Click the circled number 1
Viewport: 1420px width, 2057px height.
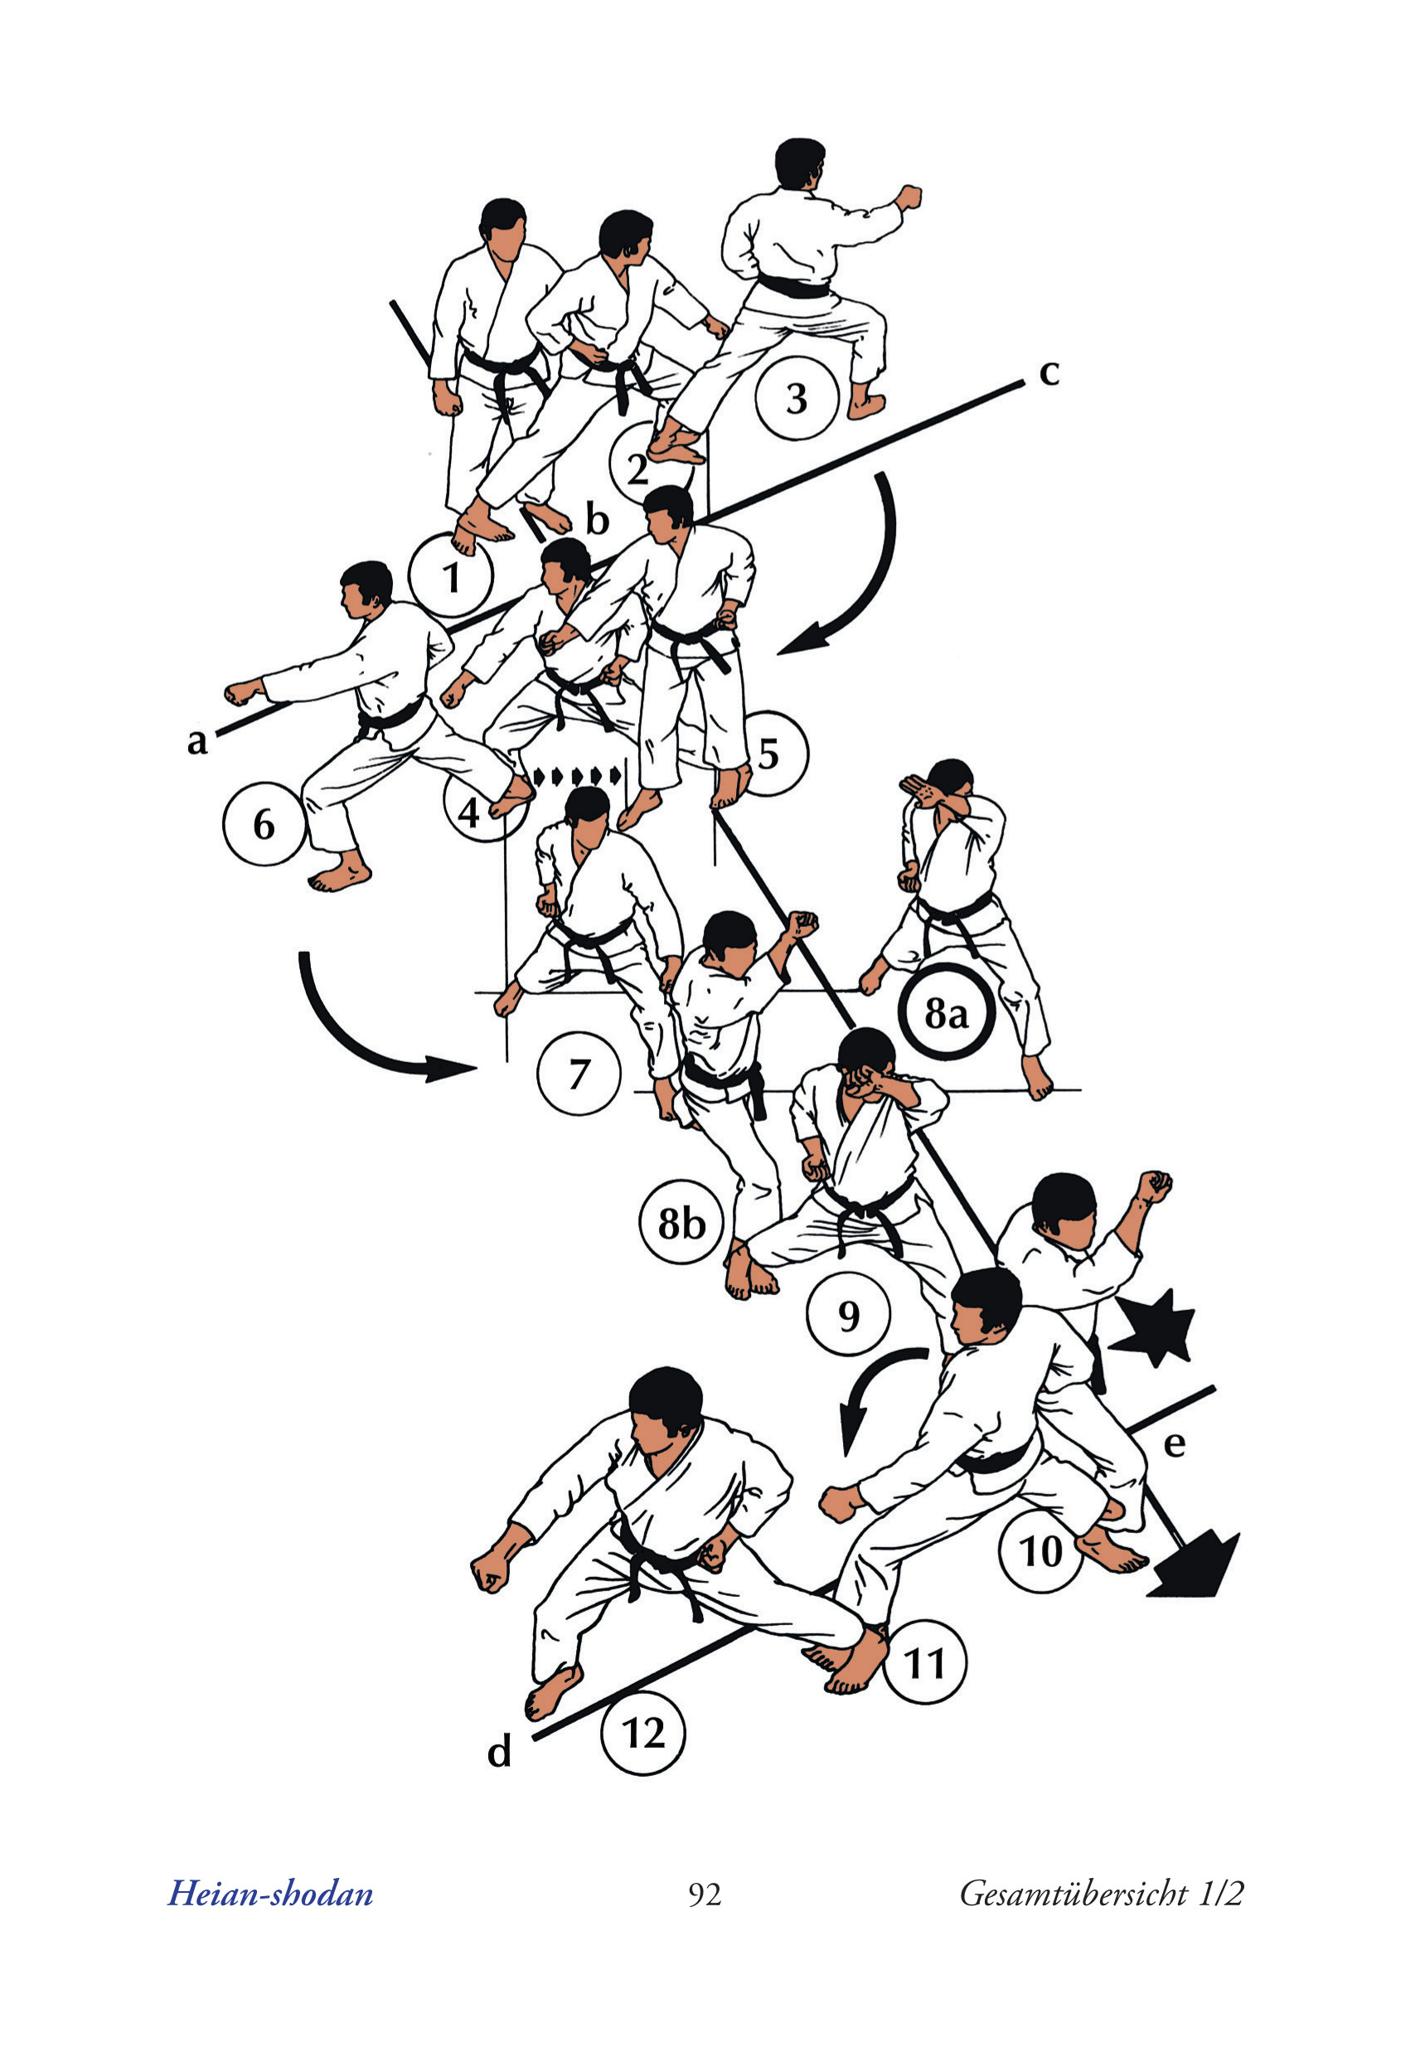pyautogui.click(x=451, y=576)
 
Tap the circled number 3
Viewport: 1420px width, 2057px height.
pyautogui.click(x=797, y=398)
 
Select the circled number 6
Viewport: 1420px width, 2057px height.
pyautogui.click(x=264, y=824)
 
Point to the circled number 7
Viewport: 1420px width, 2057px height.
pyautogui.click(x=579, y=1074)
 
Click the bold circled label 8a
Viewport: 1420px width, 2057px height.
pyautogui.click(x=946, y=1012)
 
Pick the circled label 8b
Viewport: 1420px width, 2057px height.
pyautogui.click(x=681, y=1224)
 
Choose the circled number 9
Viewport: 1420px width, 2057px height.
pyautogui.click(x=849, y=1315)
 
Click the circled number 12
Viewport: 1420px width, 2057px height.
pyautogui.click(x=643, y=1734)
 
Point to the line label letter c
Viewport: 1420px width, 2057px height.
pyautogui.click(x=1050, y=374)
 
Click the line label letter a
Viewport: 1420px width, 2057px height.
pyautogui.click(x=197, y=740)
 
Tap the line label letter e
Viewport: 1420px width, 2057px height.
pyautogui.click(x=1175, y=1446)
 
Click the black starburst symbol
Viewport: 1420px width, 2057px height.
pyautogui.click(x=1155, y=1325)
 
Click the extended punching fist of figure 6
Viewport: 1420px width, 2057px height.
pyautogui.click(x=244, y=692)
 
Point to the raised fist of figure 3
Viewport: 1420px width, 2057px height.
pyautogui.click(x=908, y=196)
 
